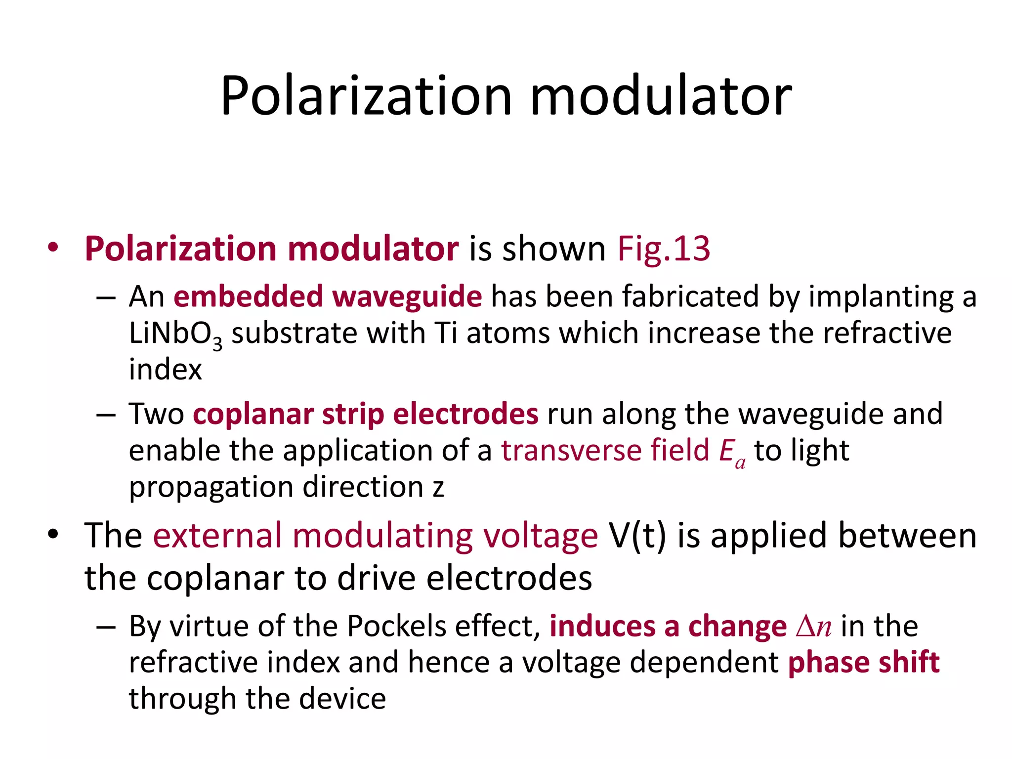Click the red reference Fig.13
coord(664,249)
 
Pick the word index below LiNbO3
coord(166,370)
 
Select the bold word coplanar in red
coord(253,414)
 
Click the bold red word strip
coord(353,414)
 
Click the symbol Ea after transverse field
coord(732,453)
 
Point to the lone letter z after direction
coord(438,488)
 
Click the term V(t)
coord(637,536)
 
